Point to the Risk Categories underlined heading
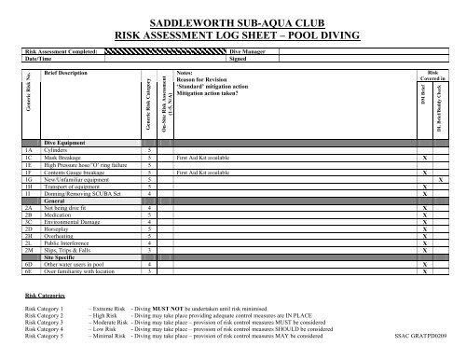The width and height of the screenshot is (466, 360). [x=45, y=295]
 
